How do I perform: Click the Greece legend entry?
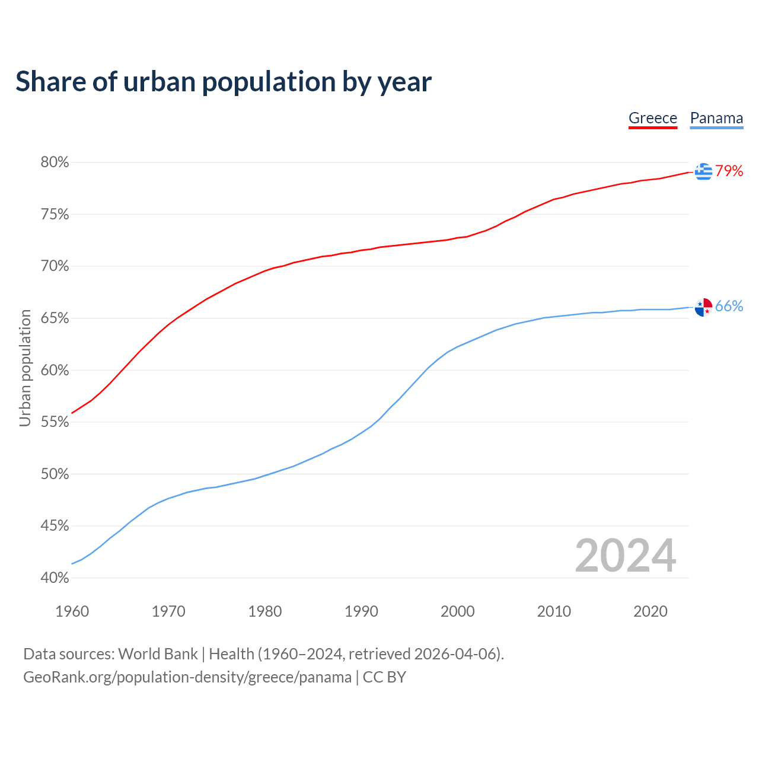click(x=652, y=118)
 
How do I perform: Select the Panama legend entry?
click(x=716, y=118)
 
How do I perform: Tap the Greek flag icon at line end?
click(x=703, y=171)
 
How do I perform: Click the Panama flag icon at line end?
click(x=703, y=307)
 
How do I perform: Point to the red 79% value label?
click(x=729, y=171)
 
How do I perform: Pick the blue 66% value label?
click(x=729, y=306)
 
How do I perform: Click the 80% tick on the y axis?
click(x=55, y=162)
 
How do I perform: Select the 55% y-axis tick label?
click(x=55, y=422)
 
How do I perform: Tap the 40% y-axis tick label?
click(x=55, y=578)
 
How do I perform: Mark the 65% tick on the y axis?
click(x=55, y=318)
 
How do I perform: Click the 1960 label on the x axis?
click(x=72, y=611)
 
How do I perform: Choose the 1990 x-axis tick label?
click(x=361, y=611)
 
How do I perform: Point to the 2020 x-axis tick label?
click(x=650, y=611)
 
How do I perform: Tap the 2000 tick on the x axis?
click(x=457, y=611)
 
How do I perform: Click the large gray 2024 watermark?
click(x=625, y=556)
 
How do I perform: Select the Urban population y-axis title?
click(x=25, y=368)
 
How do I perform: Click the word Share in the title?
click(x=50, y=81)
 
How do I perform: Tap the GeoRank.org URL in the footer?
click(x=187, y=677)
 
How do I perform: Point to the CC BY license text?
click(x=384, y=677)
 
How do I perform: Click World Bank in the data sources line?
click(x=158, y=654)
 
